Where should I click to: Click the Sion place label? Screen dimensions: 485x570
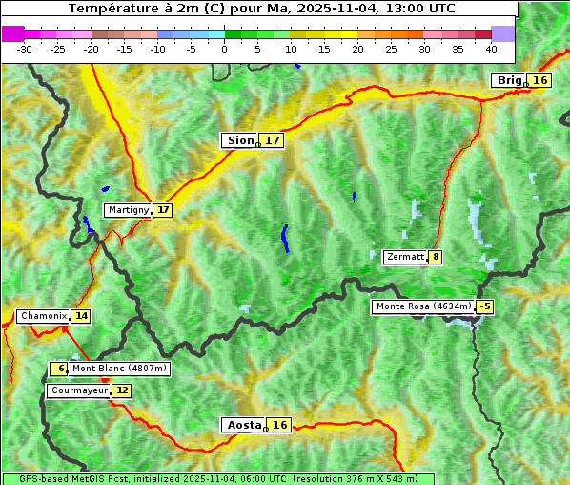(239, 140)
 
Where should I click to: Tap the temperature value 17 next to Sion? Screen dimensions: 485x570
(273, 140)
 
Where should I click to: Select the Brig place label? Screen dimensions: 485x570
(508, 80)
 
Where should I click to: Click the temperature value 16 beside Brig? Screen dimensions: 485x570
(540, 80)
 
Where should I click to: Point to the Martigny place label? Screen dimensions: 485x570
(128, 210)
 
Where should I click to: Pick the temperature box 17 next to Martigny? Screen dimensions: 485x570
(163, 210)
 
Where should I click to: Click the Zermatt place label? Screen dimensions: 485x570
(405, 257)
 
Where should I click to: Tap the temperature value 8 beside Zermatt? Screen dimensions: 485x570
(436, 257)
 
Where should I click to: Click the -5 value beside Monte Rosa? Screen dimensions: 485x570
(485, 306)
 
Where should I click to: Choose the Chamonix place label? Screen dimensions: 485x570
(43, 316)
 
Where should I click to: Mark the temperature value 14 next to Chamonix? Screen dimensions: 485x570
(81, 316)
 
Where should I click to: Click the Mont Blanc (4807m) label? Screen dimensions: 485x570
(119, 369)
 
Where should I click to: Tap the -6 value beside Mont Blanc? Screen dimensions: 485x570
(59, 369)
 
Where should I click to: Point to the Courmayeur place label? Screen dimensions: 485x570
(78, 390)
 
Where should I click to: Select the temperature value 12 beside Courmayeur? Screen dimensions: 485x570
(122, 390)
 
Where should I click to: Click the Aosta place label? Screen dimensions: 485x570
(243, 425)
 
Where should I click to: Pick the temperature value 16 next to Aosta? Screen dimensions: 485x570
(279, 425)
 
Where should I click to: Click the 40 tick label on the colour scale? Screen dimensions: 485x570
(491, 49)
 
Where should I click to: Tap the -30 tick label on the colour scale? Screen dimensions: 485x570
(25, 49)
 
